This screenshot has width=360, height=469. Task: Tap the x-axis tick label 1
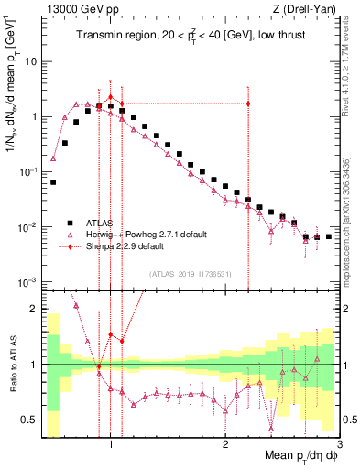111,446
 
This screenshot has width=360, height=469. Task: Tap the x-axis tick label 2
225,446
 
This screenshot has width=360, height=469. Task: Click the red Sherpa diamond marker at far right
248,104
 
